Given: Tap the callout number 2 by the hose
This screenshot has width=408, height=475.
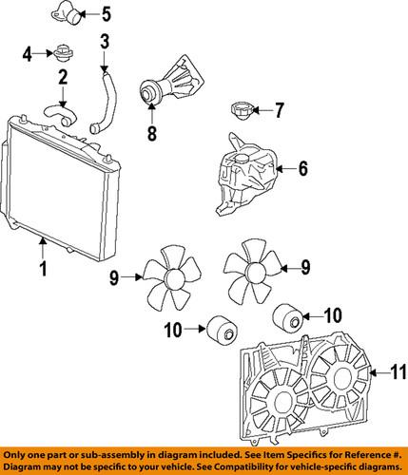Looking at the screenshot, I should click(x=63, y=77).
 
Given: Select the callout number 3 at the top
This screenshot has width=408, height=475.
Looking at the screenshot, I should click(x=106, y=43).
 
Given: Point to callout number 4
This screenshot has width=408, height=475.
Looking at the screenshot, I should click(x=28, y=52).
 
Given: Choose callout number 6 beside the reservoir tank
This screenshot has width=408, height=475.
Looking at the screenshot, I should click(x=303, y=170).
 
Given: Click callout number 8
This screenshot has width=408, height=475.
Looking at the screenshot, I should click(x=150, y=135).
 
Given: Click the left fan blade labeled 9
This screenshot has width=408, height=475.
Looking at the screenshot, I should click(x=172, y=277).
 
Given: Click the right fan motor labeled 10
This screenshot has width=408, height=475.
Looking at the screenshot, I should click(x=289, y=316).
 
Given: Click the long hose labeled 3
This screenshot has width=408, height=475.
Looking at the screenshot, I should click(x=107, y=100).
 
